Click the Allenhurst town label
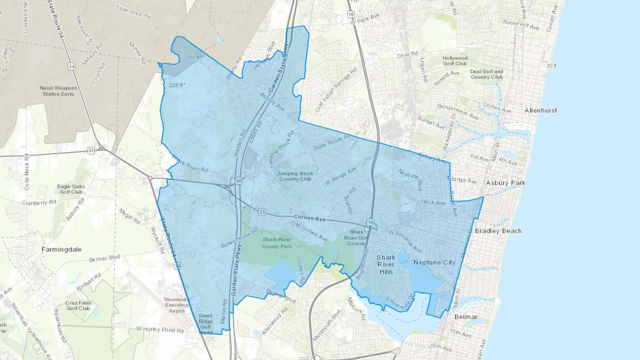point(540,111)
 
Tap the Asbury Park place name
point(505,183)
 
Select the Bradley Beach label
point(498,231)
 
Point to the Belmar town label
point(466,317)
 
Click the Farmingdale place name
point(62,249)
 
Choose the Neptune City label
point(434,263)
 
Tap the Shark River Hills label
point(386,265)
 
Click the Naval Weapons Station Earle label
point(58,91)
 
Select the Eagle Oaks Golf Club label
point(71,189)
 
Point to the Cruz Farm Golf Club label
point(78,306)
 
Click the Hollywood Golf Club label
point(455,61)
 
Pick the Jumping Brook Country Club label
point(295,176)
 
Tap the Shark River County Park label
point(277,243)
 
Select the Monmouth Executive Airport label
point(177,305)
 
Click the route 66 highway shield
point(239,181)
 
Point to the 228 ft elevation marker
point(177,85)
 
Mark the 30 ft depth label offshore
point(551,66)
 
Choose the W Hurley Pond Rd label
point(160,330)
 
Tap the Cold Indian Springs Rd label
point(336,90)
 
